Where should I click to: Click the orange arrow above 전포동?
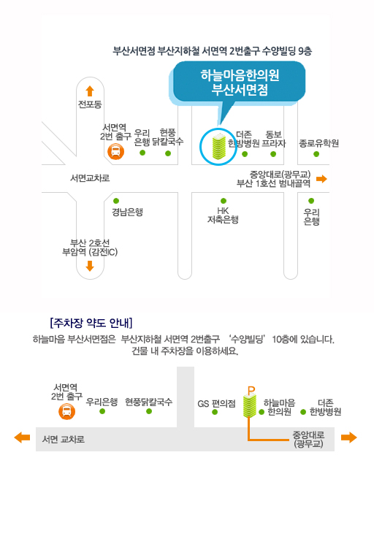pyautogui.click(x=90, y=91)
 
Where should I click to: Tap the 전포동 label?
pyautogui.click(x=90, y=104)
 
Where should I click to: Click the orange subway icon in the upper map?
pyautogui.click(x=116, y=152)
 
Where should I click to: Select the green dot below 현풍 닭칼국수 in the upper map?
pyautogui.click(x=168, y=153)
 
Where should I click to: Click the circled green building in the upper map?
pyautogui.click(x=219, y=147)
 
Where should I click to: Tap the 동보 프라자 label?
pyautogui.click(x=274, y=139)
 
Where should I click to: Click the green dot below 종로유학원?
pyautogui.click(x=316, y=154)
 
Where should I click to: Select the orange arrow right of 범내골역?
pyautogui.click(x=321, y=179)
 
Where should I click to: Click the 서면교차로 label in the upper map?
pyautogui.click(x=90, y=178)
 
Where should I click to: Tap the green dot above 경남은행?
pyautogui.click(x=116, y=201)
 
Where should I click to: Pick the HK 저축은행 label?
pyautogui.click(x=223, y=215)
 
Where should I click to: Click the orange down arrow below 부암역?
pyautogui.click(x=90, y=266)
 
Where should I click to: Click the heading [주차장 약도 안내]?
pyautogui.click(x=91, y=323)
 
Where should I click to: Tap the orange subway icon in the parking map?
pyautogui.click(x=66, y=411)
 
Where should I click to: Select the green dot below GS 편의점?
pyautogui.click(x=215, y=412)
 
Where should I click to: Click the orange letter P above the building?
pyautogui.click(x=251, y=391)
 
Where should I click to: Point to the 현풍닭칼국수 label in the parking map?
pyautogui.click(x=148, y=402)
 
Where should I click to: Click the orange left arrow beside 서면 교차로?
pyautogui.click(x=22, y=437)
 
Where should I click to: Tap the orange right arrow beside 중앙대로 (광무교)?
pyautogui.click(x=349, y=437)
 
